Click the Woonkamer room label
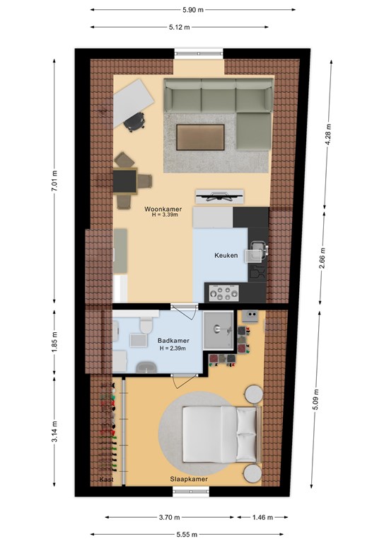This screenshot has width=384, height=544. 163,209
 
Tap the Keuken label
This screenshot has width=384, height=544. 226,255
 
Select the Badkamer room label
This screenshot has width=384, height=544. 173,341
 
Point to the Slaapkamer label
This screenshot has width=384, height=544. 189,479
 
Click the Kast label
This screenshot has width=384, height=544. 106,480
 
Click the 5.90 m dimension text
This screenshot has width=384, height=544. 193,10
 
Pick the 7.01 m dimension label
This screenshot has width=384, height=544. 54,181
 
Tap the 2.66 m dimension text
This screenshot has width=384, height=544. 322,258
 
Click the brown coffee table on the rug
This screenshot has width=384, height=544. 200,137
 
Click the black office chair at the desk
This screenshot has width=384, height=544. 134,122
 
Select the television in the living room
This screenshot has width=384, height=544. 219,197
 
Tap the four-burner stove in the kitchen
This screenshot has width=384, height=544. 223,293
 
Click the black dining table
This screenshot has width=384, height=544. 125,181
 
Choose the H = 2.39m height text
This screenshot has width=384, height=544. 173,348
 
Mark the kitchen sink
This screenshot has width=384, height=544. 256,251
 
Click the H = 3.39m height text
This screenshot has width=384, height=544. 165,215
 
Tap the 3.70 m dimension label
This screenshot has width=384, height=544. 169,518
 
